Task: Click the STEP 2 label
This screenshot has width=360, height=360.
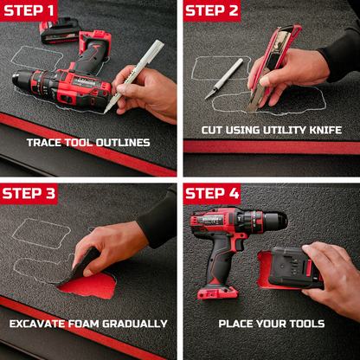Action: point(212,11)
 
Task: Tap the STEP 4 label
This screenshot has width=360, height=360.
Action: point(212,193)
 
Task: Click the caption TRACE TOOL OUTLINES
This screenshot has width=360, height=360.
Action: point(87,143)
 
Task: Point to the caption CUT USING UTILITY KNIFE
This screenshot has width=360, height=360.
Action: point(272,131)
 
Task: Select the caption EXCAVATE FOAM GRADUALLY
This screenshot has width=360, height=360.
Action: point(87,324)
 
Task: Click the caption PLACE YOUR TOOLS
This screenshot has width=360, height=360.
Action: point(272,324)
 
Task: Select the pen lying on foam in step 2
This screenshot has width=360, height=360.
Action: point(228,79)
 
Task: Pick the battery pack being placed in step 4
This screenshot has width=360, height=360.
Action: point(292,267)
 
